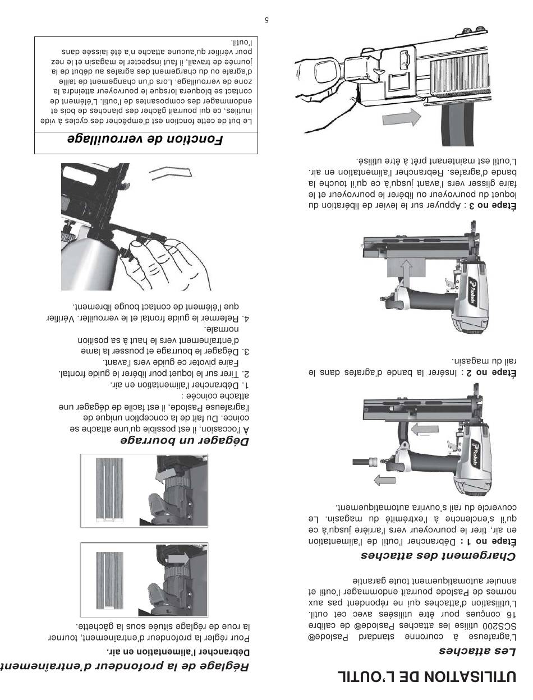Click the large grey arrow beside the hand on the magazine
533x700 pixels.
[x=401, y=118]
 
